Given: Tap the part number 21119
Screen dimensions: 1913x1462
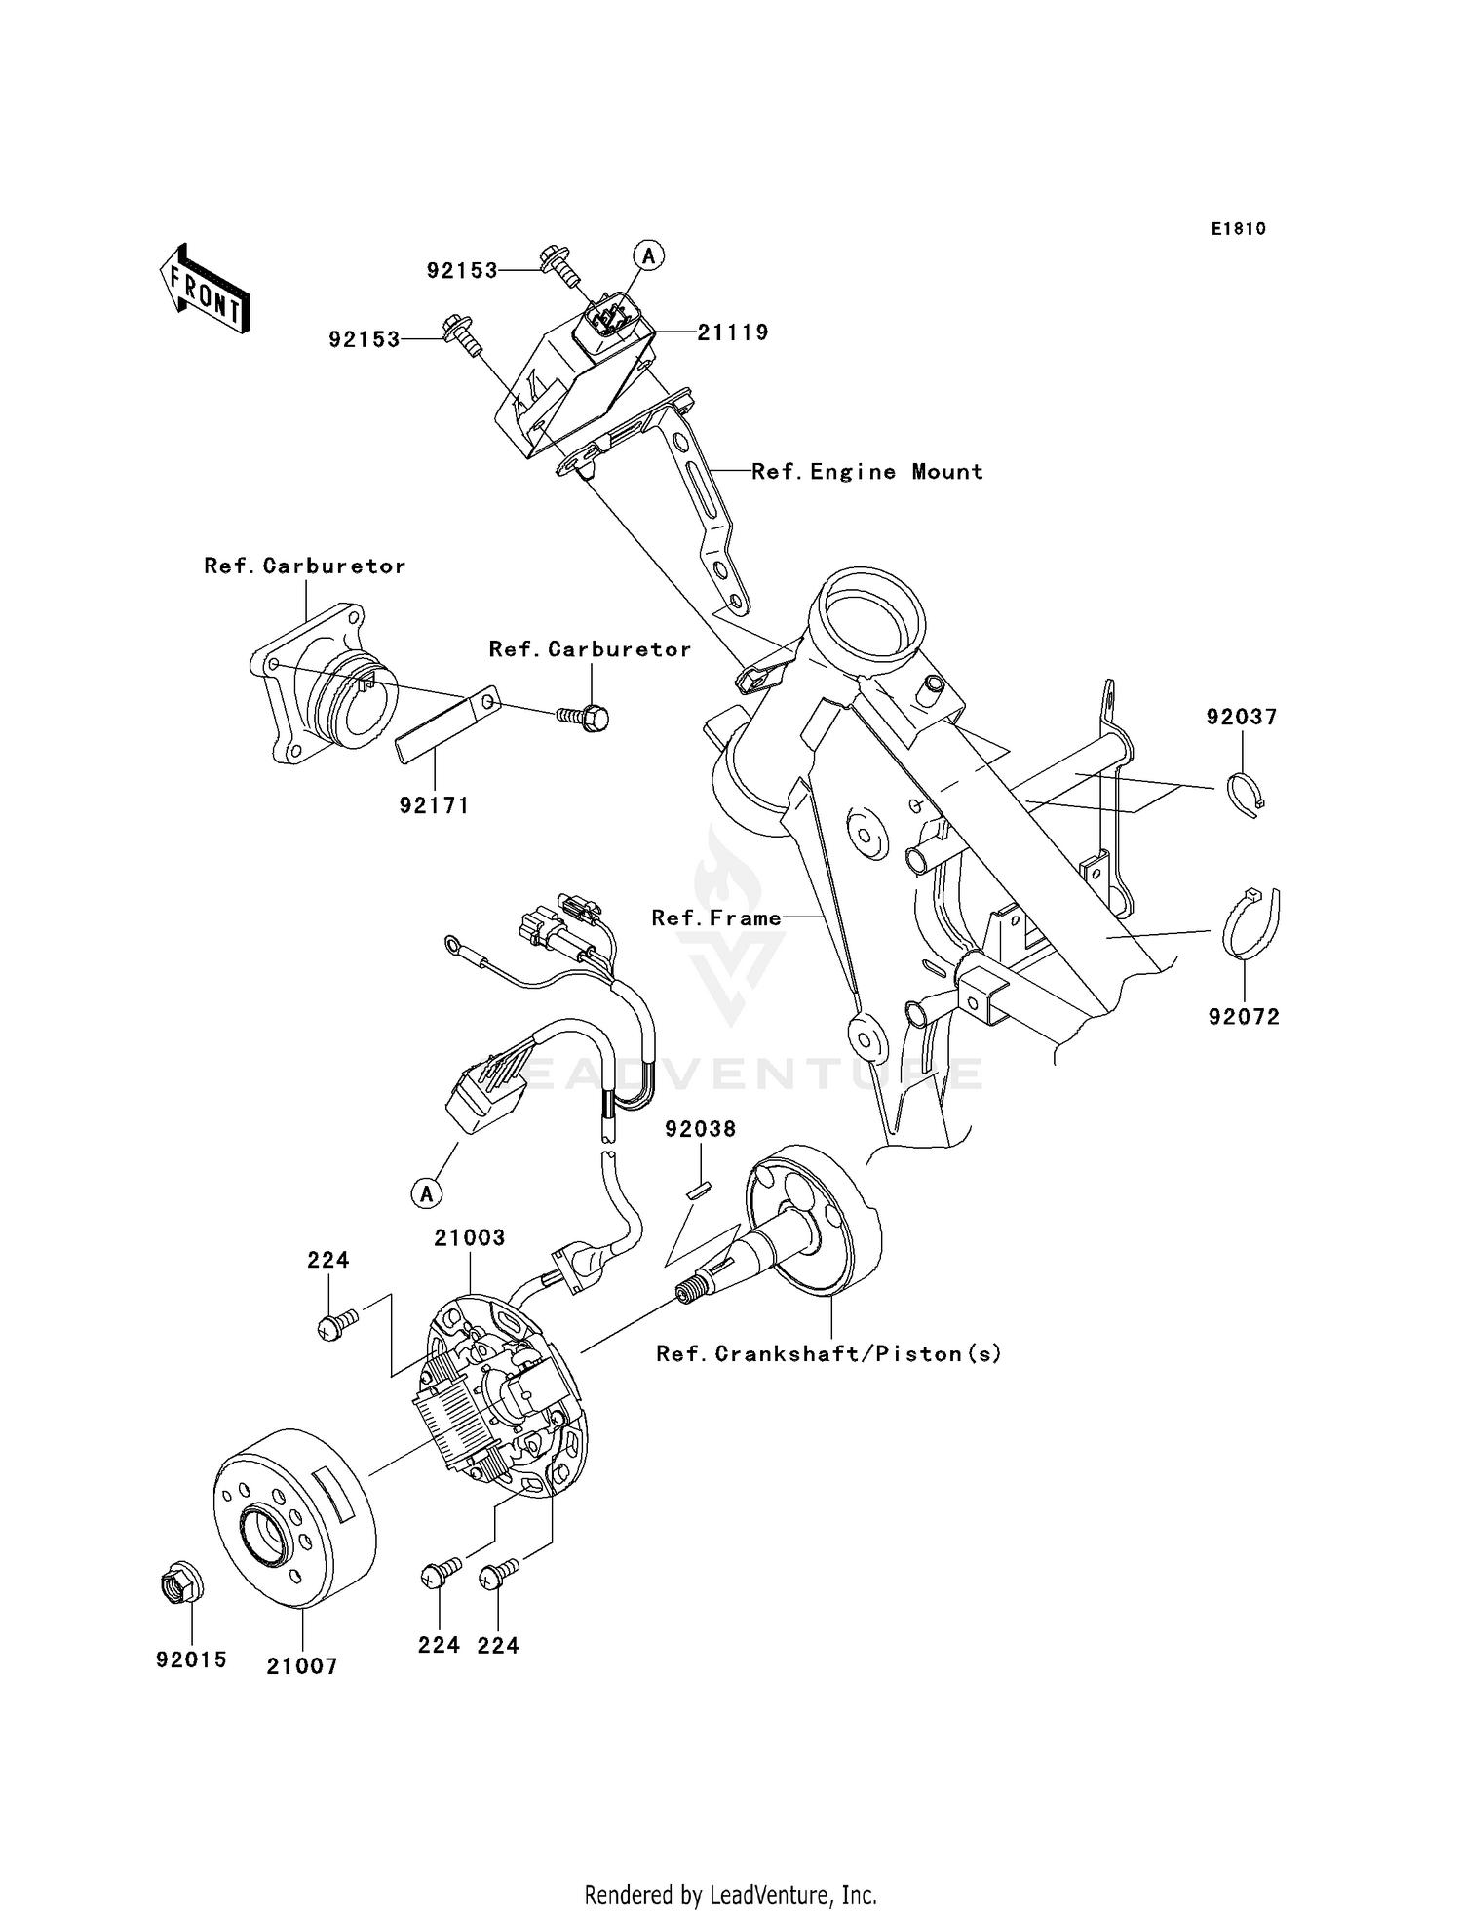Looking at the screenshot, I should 733,332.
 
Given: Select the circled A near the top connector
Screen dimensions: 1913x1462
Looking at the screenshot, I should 649,255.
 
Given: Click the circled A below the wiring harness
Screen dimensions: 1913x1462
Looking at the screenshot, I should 427,1192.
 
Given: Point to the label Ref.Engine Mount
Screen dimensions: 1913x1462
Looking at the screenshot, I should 866,472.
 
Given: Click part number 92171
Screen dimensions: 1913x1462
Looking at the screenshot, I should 434,805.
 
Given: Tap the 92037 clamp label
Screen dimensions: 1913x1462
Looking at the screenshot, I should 1241,717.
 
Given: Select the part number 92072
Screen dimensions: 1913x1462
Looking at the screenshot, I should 1244,1016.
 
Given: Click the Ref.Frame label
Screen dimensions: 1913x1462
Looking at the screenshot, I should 716,917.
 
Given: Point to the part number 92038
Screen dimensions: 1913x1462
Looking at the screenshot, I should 701,1128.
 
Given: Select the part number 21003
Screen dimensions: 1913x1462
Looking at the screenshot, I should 470,1237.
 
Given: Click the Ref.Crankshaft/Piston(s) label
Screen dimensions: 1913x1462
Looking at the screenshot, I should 828,1353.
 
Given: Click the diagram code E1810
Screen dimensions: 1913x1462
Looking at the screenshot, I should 1239,229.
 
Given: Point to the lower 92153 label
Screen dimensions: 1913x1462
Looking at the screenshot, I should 365,339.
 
